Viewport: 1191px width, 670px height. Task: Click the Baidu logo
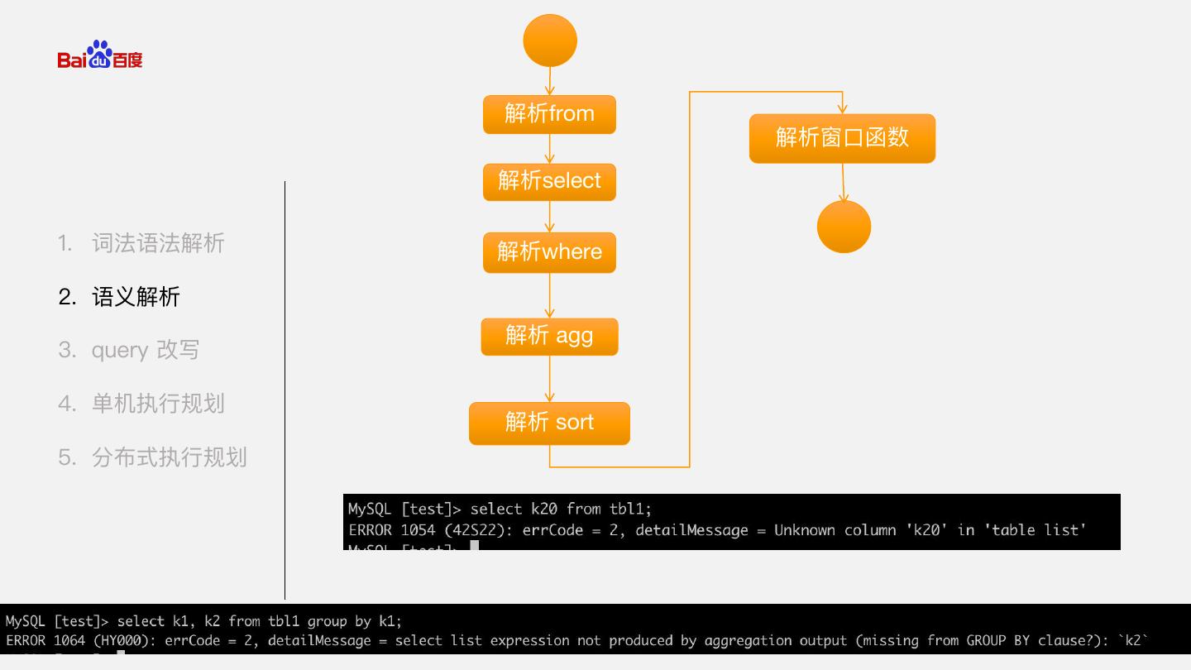click(x=100, y=55)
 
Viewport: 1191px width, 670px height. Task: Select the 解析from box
click(x=549, y=114)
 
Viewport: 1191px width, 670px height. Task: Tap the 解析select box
click(x=549, y=181)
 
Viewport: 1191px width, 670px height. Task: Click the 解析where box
click(x=549, y=252)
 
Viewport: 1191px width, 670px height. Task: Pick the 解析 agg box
click(x=549, y=336)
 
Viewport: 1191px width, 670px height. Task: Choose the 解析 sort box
click(x=549, y=423)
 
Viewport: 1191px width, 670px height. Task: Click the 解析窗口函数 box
click(x=842, y=138)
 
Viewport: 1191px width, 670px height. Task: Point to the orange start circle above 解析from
click(x=550, y=41)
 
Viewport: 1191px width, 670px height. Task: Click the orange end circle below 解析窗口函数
click(x=844, y=227)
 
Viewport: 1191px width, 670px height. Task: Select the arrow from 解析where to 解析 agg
click(x=549, y=294)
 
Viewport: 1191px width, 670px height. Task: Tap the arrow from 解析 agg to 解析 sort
click(x=549, y=379)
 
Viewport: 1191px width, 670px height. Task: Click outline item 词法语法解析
click(x=157, y=243)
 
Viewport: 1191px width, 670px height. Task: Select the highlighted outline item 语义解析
click(x=136, y=297)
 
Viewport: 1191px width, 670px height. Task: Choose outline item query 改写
click(x=145, y=350)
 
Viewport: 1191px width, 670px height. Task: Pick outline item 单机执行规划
click(x=157, y=404)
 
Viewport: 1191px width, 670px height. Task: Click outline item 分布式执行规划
click(x=169, y=457)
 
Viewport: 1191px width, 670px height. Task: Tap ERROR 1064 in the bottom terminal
click(x=46, y=640)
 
